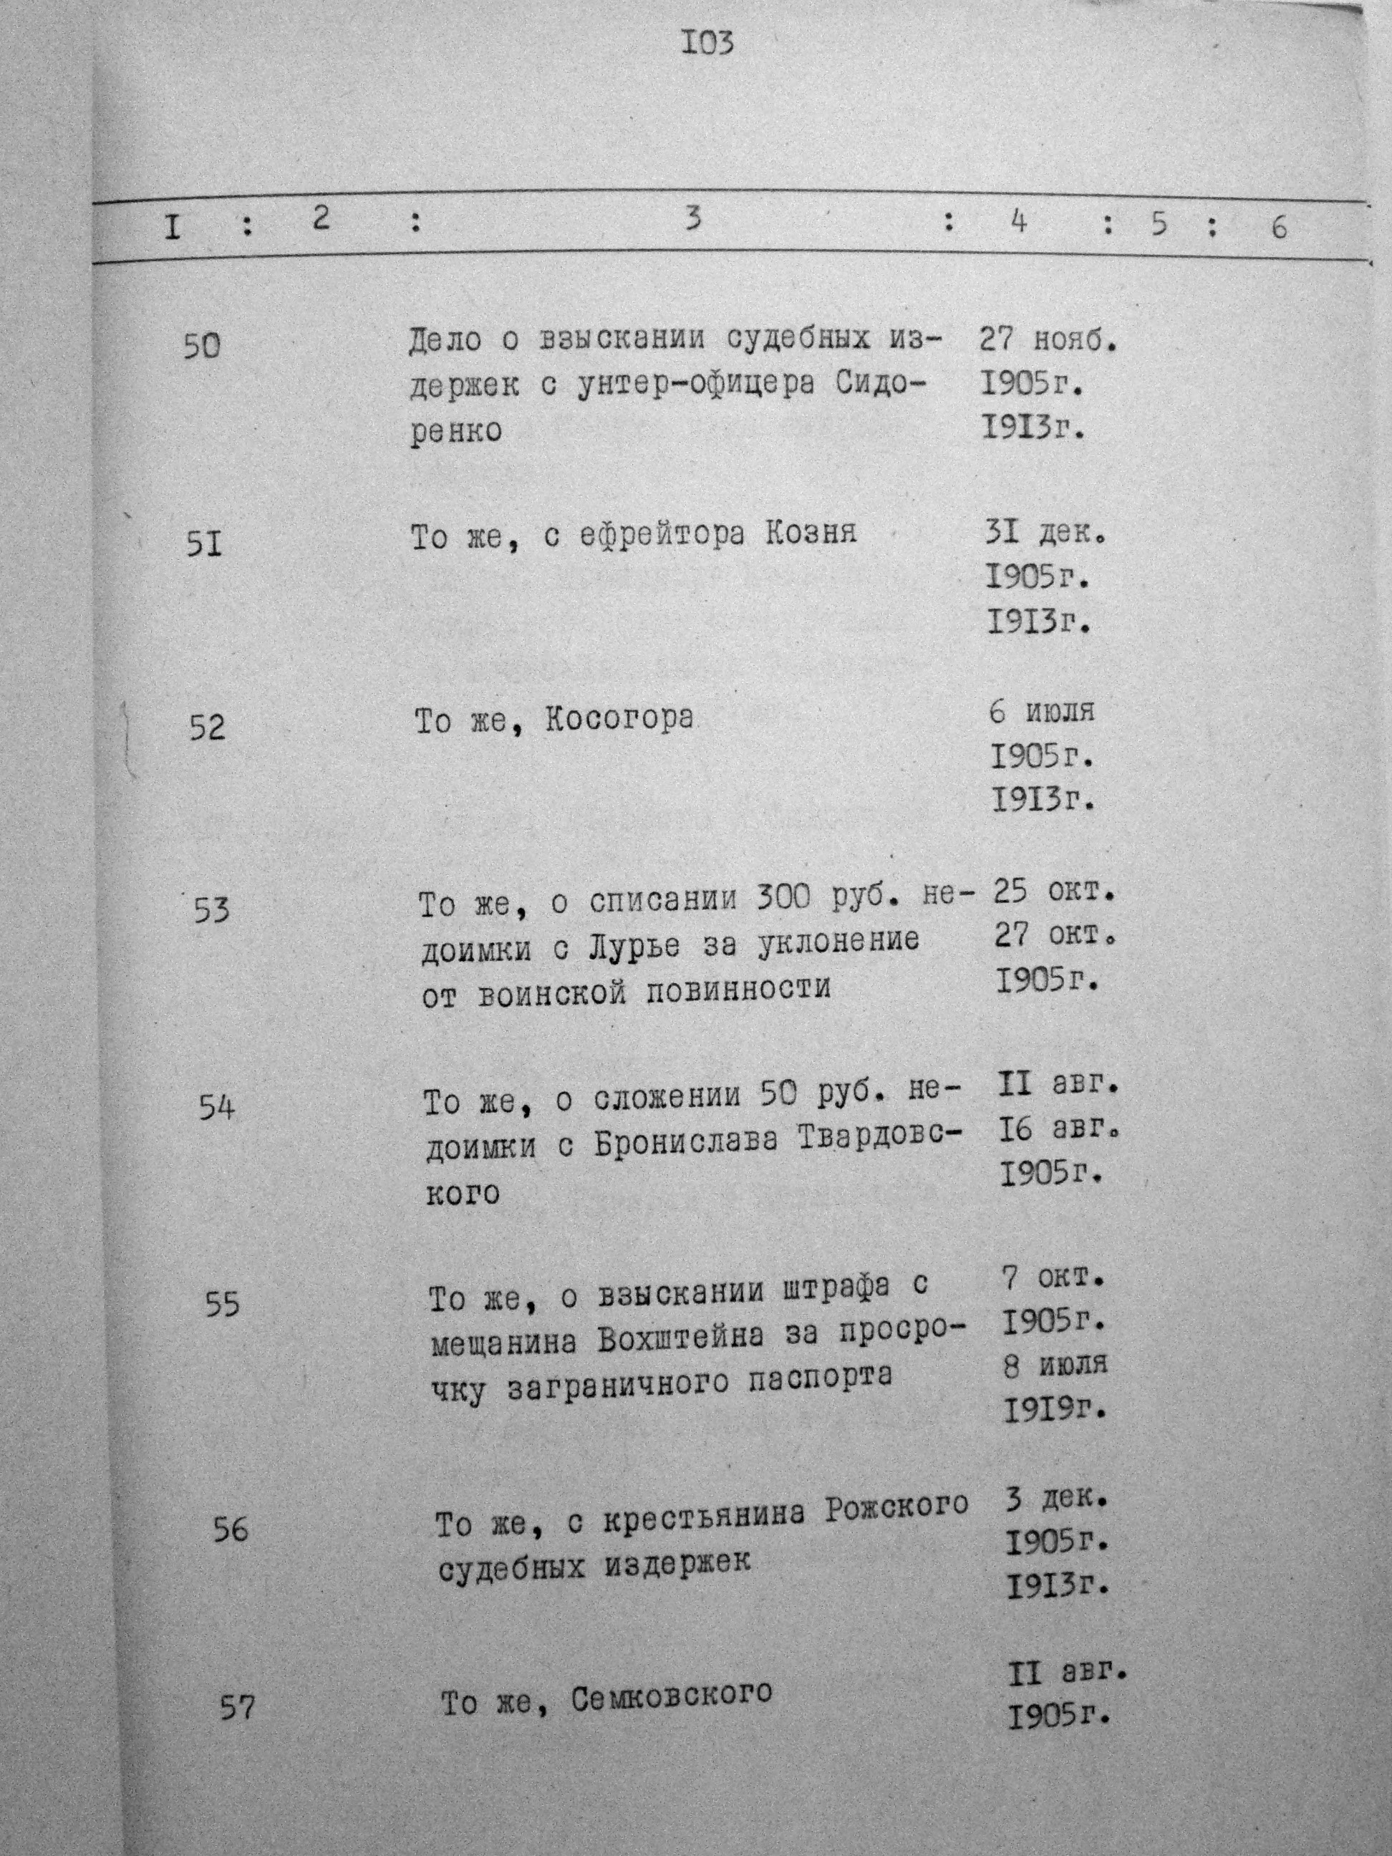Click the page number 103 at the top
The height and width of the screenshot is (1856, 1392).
coord(708,43)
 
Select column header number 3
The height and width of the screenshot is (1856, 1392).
coord(692,219)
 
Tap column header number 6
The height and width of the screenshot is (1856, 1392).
coord(1279,226)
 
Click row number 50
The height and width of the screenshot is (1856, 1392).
coord(201,346)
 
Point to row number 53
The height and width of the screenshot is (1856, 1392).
coord(211,909)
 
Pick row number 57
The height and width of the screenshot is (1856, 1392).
coord(236,1708)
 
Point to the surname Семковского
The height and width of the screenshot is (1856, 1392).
coord(671,1698)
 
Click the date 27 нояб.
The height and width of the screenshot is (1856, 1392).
coord(1049,341)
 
